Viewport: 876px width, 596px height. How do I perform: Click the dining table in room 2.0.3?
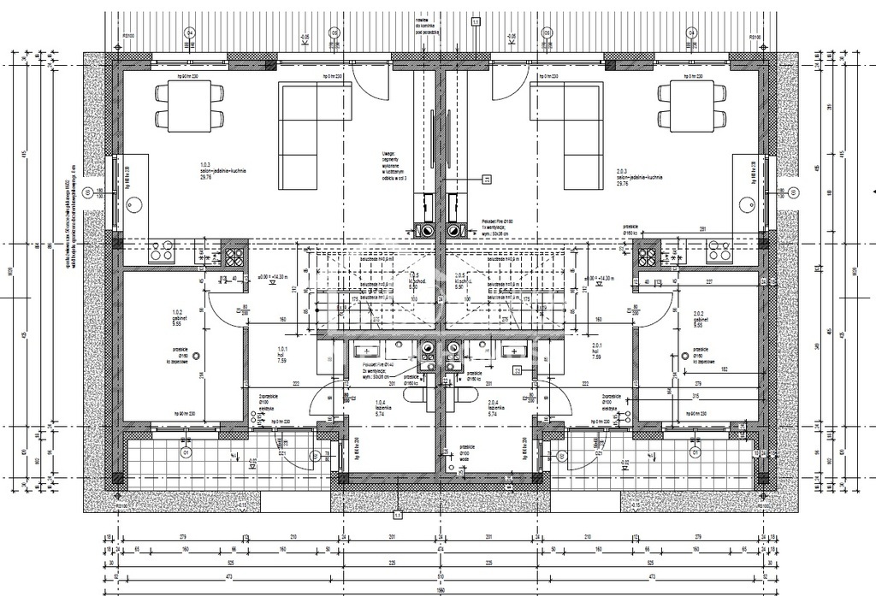click(x=692, y=105)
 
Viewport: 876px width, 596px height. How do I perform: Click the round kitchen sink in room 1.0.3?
click(x=133, y=204)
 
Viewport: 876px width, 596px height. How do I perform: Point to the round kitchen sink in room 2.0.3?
click(x=747, y=204)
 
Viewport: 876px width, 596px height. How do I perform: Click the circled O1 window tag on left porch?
click(x=184, y=451)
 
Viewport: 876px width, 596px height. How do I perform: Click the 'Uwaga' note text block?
click(x=394, y=165)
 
